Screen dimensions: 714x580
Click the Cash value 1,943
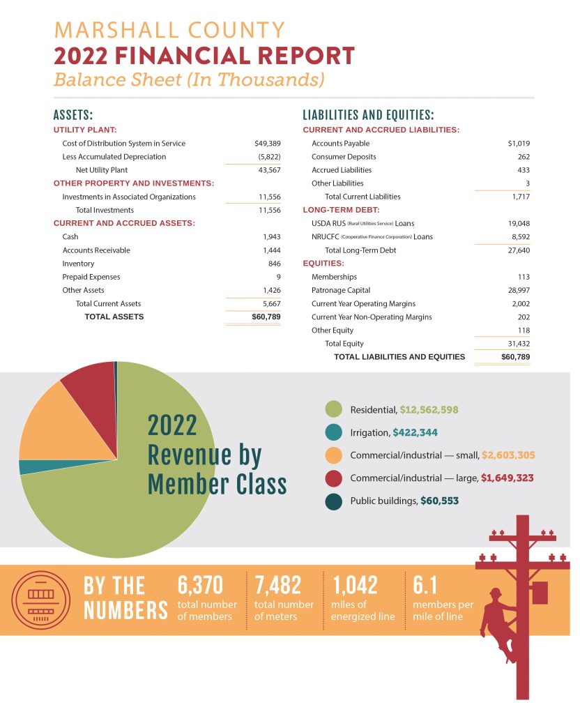pyautogui.click(x=271, y=237)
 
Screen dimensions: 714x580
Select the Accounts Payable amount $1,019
pyautogui.click(x=518, y=144)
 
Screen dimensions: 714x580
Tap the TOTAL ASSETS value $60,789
pyautogui.click(x=266, y=317)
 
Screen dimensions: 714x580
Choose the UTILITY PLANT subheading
pyautogui.click(x=85, y=130)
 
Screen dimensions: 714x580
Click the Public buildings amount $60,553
pyautogui.click(x=439, y=501)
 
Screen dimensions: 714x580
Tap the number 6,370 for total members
pyautogui.click(x=201, y=586)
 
